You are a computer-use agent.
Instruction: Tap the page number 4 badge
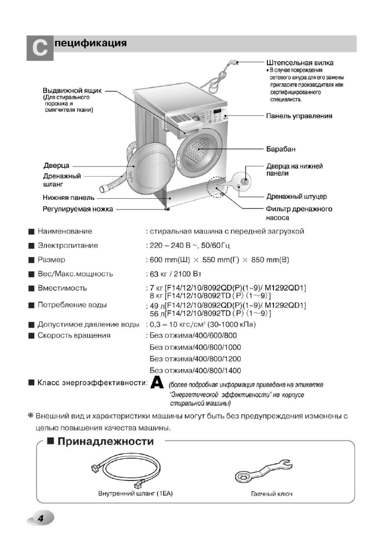click(40, 519)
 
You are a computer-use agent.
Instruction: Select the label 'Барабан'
click(280, 149)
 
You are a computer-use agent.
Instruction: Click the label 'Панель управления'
click(299, 115)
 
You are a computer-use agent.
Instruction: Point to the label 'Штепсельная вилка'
click(300, 63)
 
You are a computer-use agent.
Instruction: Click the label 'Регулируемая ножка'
click(78, 209)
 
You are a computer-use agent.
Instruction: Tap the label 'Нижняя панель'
click(69, 198)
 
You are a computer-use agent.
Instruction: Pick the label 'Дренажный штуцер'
click(296, 197)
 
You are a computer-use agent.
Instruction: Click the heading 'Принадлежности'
click(106, 441)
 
